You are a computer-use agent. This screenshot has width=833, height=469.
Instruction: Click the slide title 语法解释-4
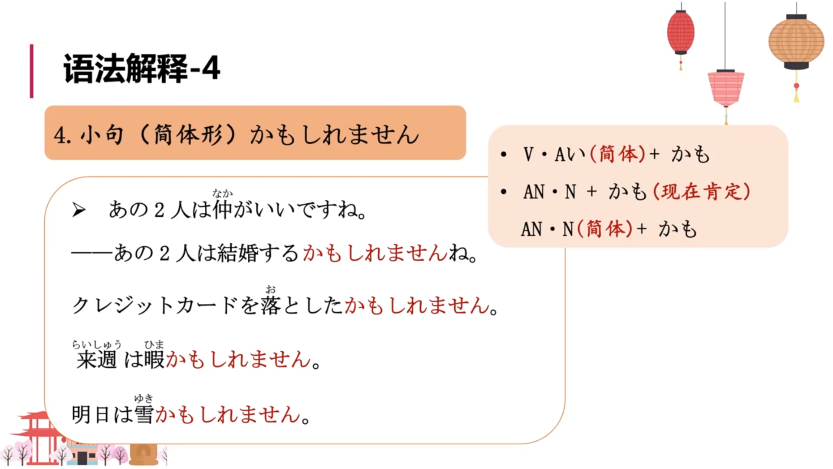(x=141, y=69)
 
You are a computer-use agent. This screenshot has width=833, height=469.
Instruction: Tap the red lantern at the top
(x=680, y=32)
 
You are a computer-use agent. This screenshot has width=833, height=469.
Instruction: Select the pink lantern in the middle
(x=726, y=89)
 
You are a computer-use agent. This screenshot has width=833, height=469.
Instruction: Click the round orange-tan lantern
(x=796, y=41)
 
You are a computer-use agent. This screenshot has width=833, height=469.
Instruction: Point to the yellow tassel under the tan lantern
(x=797, y=93)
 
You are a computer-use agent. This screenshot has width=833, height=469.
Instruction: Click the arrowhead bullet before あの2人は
(x=79, y=211)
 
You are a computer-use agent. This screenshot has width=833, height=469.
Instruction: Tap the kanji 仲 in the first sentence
(x=223, y=210)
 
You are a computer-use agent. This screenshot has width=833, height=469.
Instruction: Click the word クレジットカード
(x=154, y=306)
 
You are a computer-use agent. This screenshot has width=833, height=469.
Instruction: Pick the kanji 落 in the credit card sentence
(x=271, y=306)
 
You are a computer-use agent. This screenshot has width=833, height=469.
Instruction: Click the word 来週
(x=97, y=360)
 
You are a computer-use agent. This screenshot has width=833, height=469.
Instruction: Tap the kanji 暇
(x=154, y=360)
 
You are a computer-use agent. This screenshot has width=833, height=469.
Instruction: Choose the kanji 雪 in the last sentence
(x=144, y=414)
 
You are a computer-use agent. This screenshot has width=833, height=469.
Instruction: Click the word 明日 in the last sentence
(x=90, y=414)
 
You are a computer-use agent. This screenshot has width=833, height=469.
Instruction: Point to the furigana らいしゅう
(x=96, y=345)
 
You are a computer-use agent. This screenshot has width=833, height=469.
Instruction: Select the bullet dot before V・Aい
(x=503, y=154)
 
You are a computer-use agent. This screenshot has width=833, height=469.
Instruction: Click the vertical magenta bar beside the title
(x=32, y=71)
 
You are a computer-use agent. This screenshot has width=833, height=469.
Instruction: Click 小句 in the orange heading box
(x=102, y=135)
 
